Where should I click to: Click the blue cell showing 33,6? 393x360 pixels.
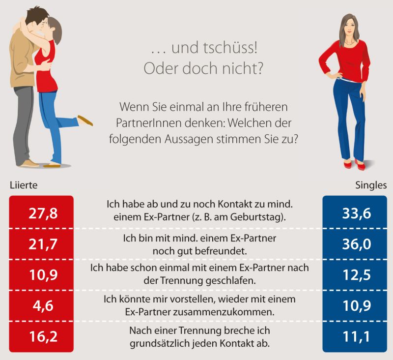pyautogui.click(x=354, y=213)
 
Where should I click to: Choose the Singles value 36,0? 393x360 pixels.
pyautogui.click(x=354, y=244)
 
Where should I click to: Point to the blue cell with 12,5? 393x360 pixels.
pyautogui.click(x=354, y=275)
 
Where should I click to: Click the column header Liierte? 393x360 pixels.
pyautogui.click(x=24, y=186)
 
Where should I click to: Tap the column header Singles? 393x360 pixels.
pyautogui.click(x=371, y=186)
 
